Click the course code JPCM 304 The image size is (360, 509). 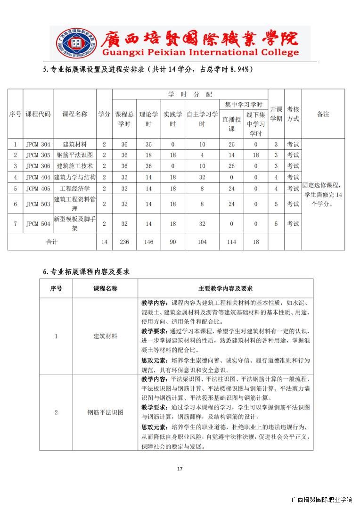coord(38,144)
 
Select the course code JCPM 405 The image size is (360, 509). coord(38,189)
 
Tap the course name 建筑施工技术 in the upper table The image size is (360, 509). coord(74,166)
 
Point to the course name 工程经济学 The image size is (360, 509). coord(74,189)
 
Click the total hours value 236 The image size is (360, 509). coord(124,242)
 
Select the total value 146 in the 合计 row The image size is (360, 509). coord(148,242)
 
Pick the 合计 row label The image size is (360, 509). coord(52,242)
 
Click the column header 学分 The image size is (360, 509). coord(104,114)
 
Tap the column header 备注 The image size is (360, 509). coord(323,114)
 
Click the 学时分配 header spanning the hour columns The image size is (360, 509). coord(190,94)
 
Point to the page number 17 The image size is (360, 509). coord(180,468)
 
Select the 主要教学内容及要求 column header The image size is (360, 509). coord(225,288)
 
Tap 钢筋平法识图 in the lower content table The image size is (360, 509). coord(106,412)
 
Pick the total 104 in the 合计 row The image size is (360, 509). coord(202,242)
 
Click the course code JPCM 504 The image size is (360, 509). coord(38,224)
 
